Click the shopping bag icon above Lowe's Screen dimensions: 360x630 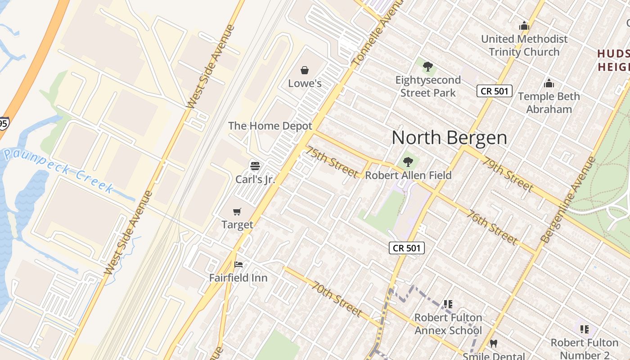pyautogui.click(x=305, y=70)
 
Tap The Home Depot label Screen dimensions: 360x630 pyautogui.click(x=270, y=126)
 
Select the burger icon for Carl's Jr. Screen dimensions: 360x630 pyautogui.click(x=255, y=166)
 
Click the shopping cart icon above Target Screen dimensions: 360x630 pyautogui.click(x=237, y=211)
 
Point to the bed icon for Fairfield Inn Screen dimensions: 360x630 pyautogui.click(x=238, y=265)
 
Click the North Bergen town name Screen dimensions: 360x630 pyautogui.click(x=449, y=138)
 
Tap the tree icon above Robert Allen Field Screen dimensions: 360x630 pyautogui.click(x=408, y=162)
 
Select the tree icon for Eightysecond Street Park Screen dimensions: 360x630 pyautogui.click(x=427, y=67)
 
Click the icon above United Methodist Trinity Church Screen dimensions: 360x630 pyautogui.click(x=524, y=26)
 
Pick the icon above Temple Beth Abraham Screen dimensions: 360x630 pyautogui.click(x=549, y=83)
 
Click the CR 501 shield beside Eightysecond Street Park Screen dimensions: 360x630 pyautogui.click(x=494, y=91)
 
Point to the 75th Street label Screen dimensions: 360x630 pyautogui.click(x=333, y=162)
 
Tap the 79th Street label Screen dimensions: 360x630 pyautogui.click(x=507, y=174)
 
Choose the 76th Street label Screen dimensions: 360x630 pyautogui.click(x=492, y=227)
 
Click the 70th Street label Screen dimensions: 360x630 pyautogui.click(x=337, y=299)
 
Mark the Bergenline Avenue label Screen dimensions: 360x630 pyautogui.click(x=570, y=199)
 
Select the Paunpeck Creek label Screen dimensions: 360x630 pyautogui.click(x=58, y=171)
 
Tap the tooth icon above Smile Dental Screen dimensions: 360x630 pyautogui.click(x=494, y=344)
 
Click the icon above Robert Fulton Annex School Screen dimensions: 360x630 pyautogui.click(x=448, y=305)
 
